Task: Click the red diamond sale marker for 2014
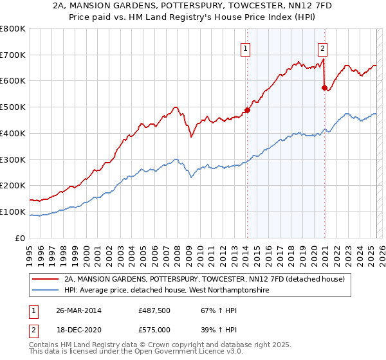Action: click(x=247, y=110)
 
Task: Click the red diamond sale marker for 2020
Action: click(x=324, y=87)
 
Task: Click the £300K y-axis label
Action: click(x=13, y=159)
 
